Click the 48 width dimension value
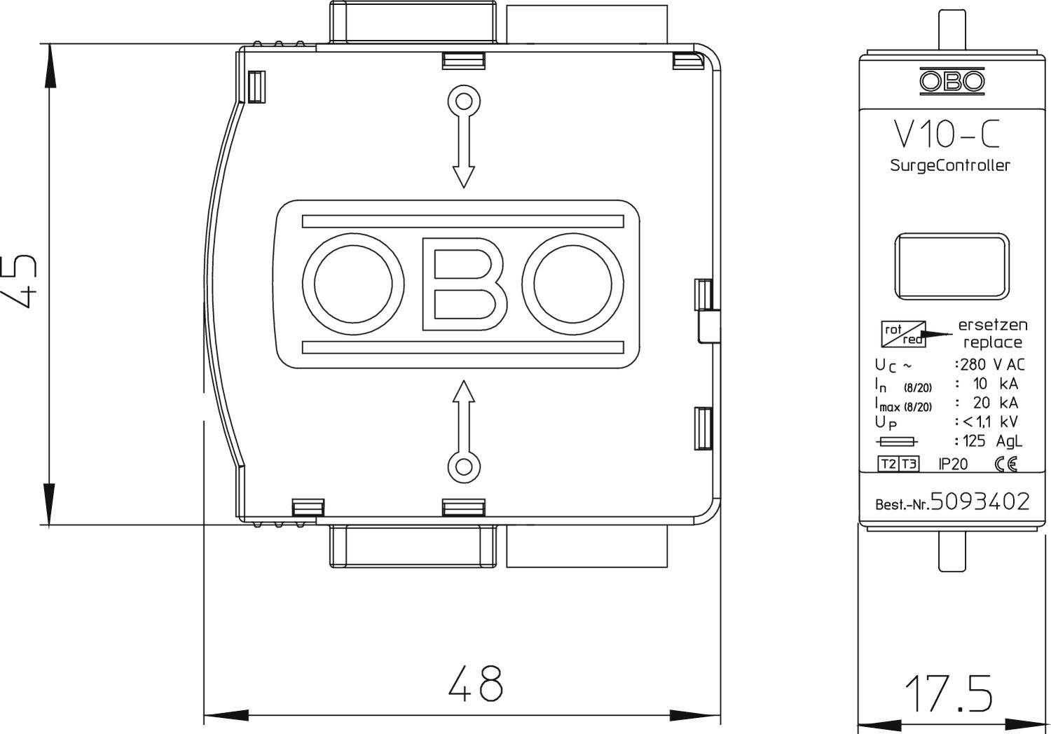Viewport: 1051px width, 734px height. [475, 683]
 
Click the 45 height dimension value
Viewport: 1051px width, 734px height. [20, 282]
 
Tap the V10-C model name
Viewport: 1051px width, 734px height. [947, 134]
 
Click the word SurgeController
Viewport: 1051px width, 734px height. [949, 166]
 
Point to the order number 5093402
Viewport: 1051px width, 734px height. [980, 501]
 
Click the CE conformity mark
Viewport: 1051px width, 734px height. [1005, 464]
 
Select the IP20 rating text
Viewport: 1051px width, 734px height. [953, 464]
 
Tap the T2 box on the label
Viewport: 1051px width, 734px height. [888, 464]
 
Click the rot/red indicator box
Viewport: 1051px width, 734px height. [904, 333]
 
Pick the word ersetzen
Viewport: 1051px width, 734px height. [992, 325]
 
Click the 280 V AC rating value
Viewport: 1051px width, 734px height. [992, 364]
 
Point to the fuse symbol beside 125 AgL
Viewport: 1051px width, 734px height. [897, 441]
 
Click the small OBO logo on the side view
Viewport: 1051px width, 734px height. [952, 81]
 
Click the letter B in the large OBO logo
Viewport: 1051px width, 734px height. [463, 284]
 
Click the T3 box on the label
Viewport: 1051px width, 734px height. [909, 464]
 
